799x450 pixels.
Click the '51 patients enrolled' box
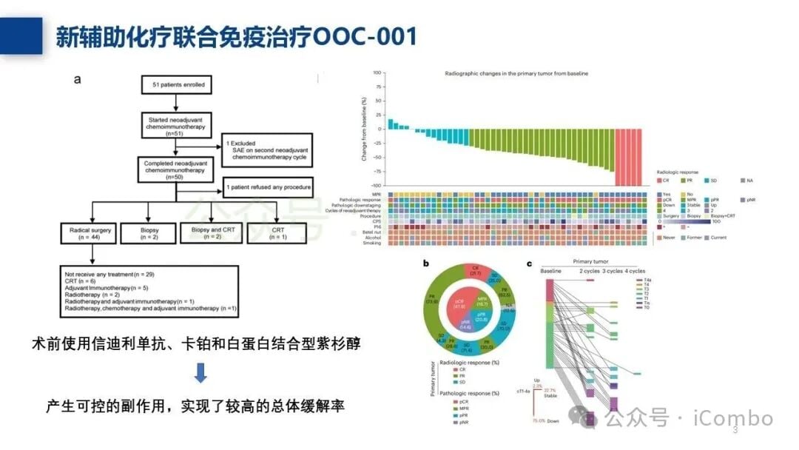click(x=175, y=85)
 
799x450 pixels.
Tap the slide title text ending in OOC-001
click(x=236, y=36)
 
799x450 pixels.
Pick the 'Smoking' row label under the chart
click(x=372, y=243)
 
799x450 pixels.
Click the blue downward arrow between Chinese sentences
click(x=200, y=373)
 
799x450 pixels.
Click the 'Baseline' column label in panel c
click(x=550, y=271)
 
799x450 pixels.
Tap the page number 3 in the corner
click(x=735, y=430)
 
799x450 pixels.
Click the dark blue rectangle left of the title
click(x=21, y=36)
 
